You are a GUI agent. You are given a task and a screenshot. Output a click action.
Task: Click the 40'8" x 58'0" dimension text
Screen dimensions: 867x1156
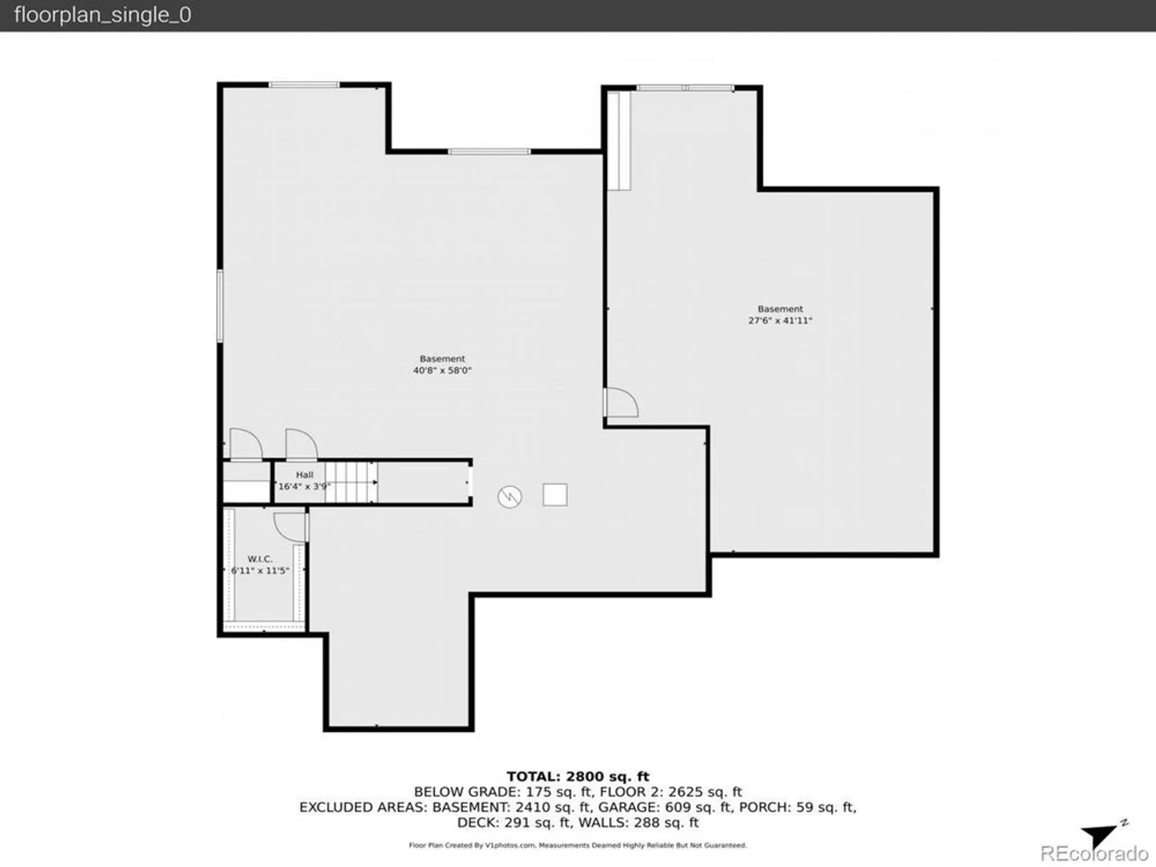coord(442,370)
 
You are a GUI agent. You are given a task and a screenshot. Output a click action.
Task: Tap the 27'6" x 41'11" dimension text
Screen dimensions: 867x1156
coord(780,321)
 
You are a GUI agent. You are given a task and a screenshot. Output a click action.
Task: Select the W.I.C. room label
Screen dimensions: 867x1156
coord(260,559)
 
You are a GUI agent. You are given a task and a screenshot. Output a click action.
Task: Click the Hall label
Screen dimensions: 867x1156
coord(305,475)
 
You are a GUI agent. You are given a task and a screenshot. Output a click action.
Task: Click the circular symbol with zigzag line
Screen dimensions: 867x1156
coord(510,497)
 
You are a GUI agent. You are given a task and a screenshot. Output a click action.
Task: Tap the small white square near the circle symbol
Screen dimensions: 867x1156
coord(555,495)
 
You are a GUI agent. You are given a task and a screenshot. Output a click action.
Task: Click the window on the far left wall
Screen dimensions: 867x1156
coord(220,305)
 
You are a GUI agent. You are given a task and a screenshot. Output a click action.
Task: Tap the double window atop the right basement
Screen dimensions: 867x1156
coord(686,88)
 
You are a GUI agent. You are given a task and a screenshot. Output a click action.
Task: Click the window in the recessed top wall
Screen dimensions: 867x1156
coord(489,152)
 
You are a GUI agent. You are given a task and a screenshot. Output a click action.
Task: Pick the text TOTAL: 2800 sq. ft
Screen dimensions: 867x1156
coord(577,776)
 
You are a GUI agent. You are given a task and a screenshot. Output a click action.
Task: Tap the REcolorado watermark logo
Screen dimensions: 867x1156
coord(1094,854)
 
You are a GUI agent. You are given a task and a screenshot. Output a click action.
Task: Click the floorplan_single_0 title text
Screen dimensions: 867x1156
coord(102,15)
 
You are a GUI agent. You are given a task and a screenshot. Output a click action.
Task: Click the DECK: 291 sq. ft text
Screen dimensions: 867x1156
coord(514,822)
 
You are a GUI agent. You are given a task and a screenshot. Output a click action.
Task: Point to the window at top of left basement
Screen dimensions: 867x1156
coord(304,85)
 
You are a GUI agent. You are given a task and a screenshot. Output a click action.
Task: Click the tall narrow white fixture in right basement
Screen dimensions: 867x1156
coord(619,141)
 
